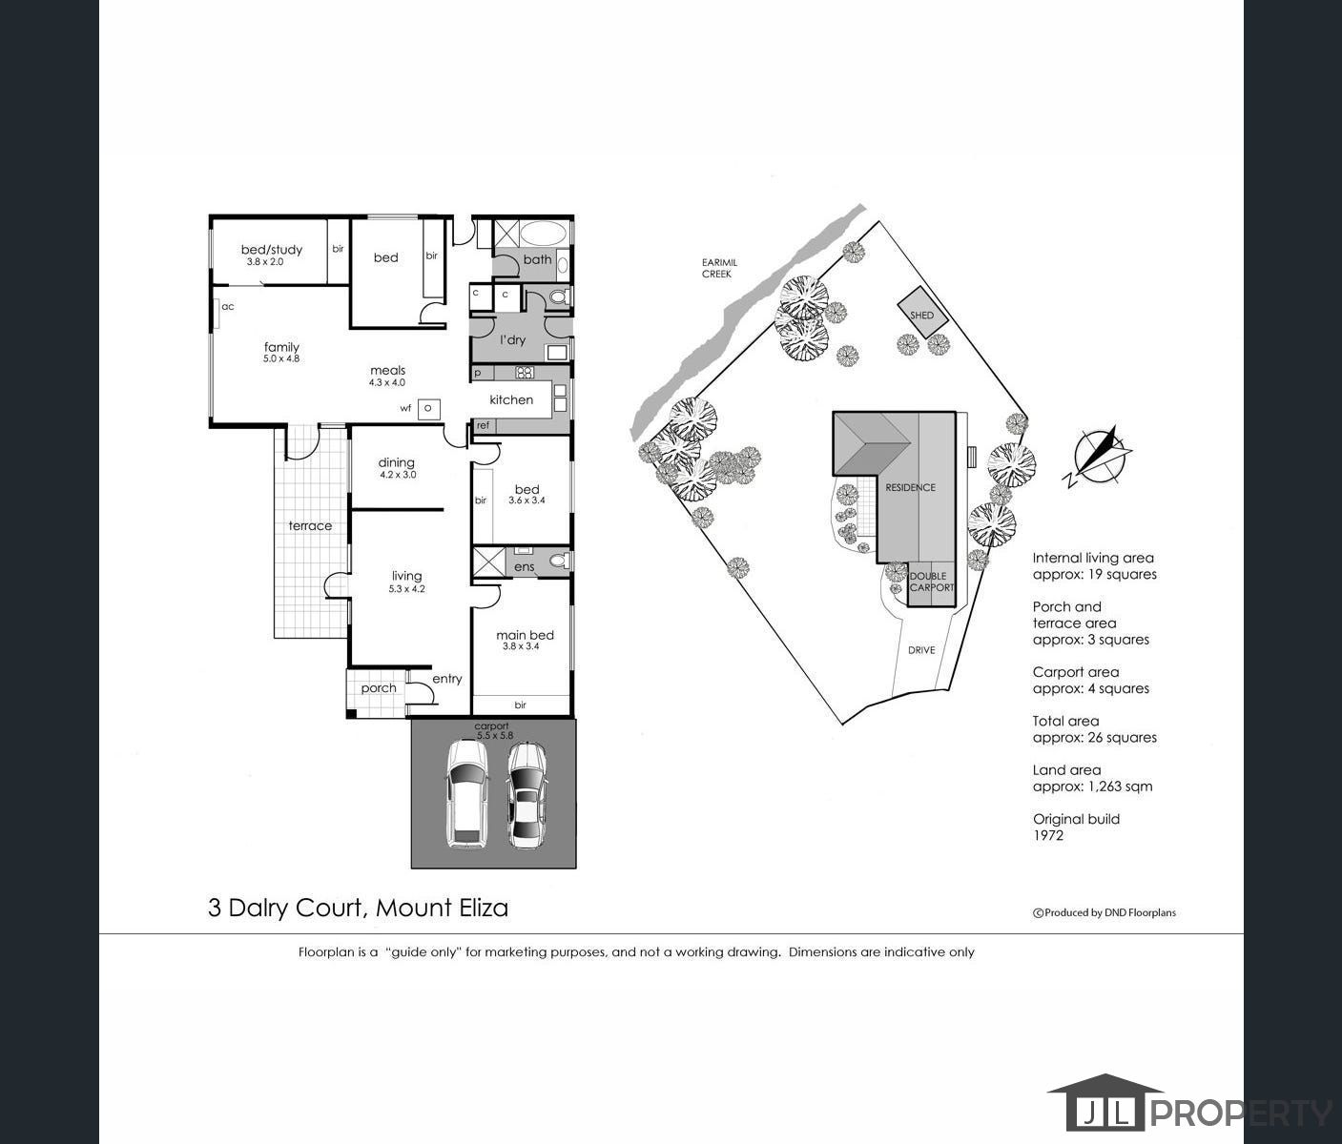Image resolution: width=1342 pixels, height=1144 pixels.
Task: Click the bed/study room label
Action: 271,250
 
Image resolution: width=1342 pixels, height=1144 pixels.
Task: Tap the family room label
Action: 281,347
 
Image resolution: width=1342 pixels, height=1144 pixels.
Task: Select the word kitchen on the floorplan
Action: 511,399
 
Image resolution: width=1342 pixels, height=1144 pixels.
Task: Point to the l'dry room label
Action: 513,339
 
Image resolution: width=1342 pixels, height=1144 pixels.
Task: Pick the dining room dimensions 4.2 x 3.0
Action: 398,475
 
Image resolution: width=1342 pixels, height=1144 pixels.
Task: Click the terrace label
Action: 310,525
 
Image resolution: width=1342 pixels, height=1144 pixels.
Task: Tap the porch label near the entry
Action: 379,687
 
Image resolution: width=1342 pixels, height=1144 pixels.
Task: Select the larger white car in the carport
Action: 468,794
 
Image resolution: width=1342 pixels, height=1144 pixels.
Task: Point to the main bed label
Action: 525,635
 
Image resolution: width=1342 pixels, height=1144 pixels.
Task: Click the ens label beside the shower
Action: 525,567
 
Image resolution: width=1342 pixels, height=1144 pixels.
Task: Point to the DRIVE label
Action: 921,650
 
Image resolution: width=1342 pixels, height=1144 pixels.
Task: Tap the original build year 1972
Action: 1048,835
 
